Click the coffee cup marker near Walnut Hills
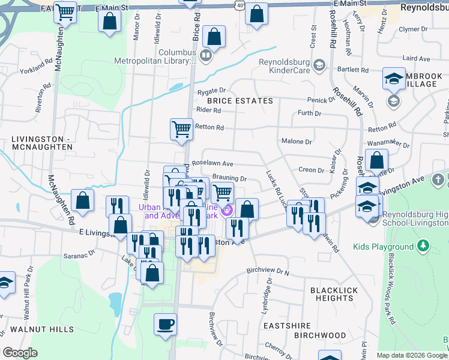[165, 325]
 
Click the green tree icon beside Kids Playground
[424, 245]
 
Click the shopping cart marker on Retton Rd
[181, 128]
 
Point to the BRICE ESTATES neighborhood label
[244, 101]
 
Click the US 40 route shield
[240, 5]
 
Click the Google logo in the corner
[20, 353]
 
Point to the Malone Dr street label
[297, 142]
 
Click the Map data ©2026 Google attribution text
[411, 355]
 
